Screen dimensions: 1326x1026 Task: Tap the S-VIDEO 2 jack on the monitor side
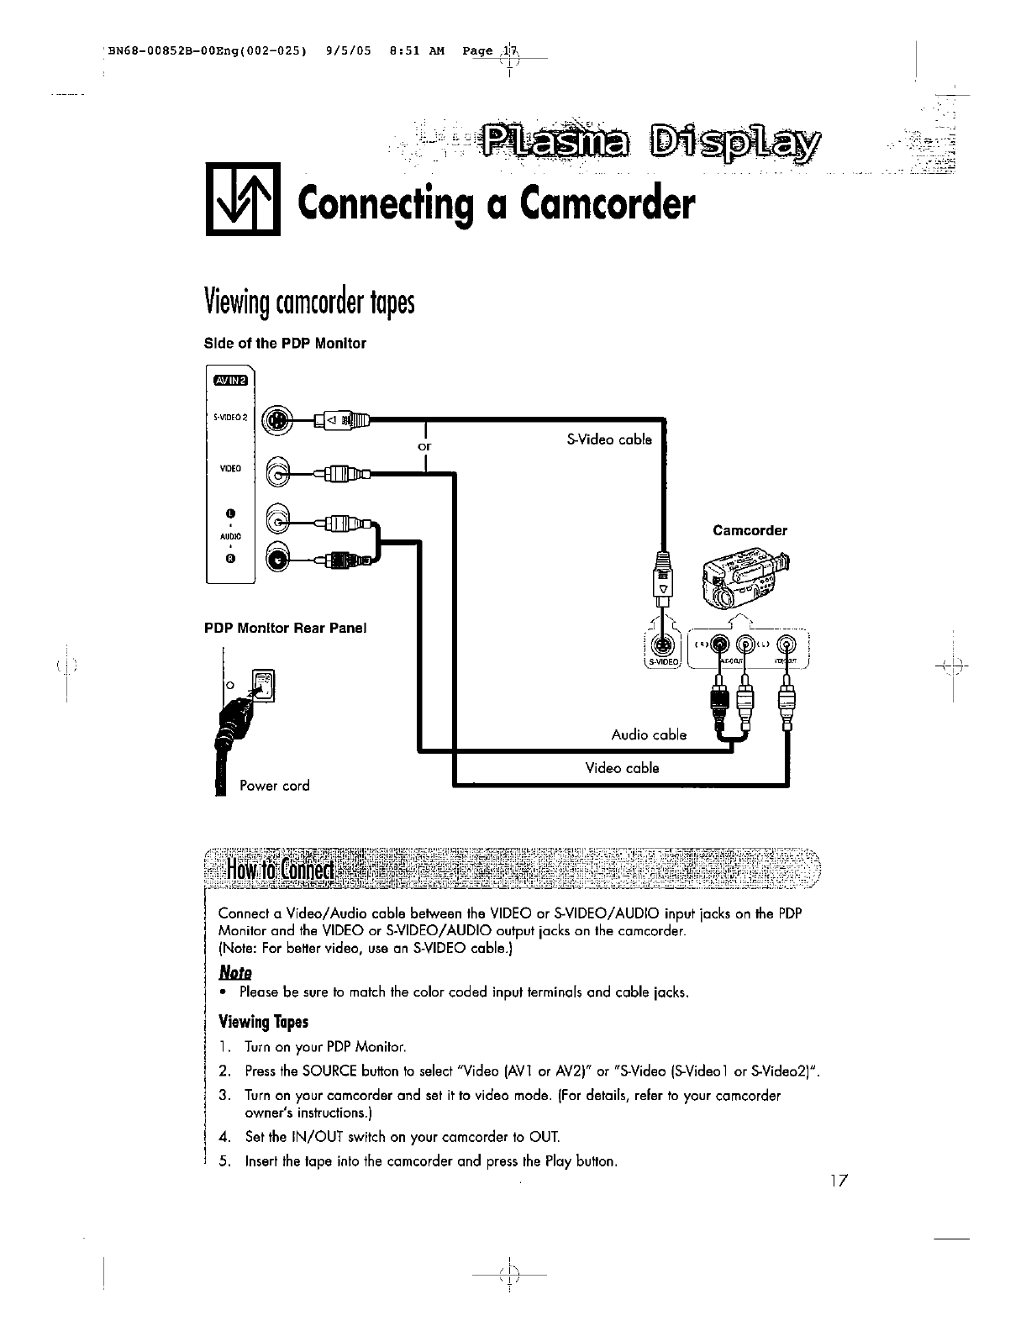276,420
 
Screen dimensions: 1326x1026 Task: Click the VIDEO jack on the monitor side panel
277,474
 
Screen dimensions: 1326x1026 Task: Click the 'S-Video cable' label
609,439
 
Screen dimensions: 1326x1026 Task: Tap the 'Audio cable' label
649,734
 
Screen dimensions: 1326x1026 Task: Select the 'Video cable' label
622,768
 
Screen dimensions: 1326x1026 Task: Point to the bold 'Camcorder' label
750,530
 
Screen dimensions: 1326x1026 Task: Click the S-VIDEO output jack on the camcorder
663,645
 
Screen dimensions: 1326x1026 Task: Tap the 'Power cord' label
274,786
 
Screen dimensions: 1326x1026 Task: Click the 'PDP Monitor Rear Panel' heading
287,628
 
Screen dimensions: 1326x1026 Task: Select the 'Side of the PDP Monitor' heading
286,343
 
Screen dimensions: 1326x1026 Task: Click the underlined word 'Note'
234,971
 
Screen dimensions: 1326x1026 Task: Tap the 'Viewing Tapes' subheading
263,1022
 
